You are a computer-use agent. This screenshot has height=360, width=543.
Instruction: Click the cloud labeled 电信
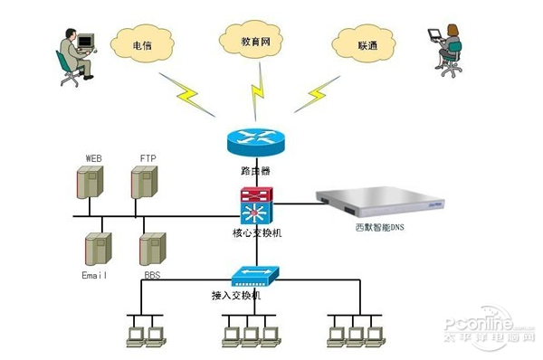[x=142, y=42]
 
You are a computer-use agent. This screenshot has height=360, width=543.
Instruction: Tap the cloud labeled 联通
[x=366, y=42]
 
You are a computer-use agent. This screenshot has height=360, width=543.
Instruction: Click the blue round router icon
[x=254, y=141]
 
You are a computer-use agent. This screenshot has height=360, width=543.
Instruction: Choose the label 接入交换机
[x=236, y=295]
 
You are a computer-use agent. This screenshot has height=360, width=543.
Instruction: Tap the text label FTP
[x=148, y=158]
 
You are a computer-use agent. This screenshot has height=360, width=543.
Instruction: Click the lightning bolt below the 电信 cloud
[x=191, y=92]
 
